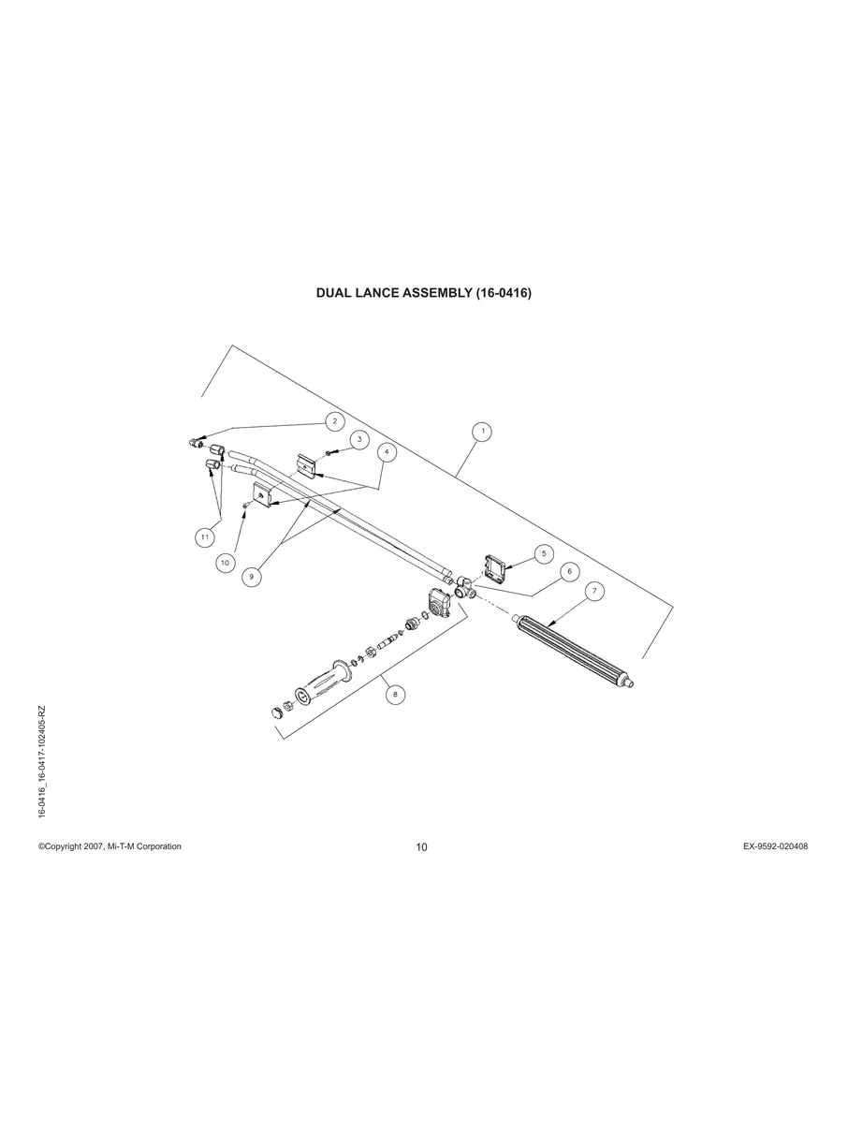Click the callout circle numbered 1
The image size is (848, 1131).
(x=482, y=432)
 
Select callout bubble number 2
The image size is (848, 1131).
(x=334, y=421)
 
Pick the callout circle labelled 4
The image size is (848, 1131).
(x=387, y=451)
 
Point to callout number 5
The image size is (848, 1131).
(x=544, y=553)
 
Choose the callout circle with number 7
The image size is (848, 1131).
(x=594, y=591)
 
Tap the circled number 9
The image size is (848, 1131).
(x=250, y=577)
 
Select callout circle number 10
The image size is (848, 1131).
(x=226, y=562)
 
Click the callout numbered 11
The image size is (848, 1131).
(x=204, y=536)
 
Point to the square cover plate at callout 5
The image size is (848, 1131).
(x=495, y=566)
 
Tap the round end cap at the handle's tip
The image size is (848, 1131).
(x=275, y=712)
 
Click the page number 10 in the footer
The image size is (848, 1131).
(x=422, y=847)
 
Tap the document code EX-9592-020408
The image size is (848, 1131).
(x=776, y=846)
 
